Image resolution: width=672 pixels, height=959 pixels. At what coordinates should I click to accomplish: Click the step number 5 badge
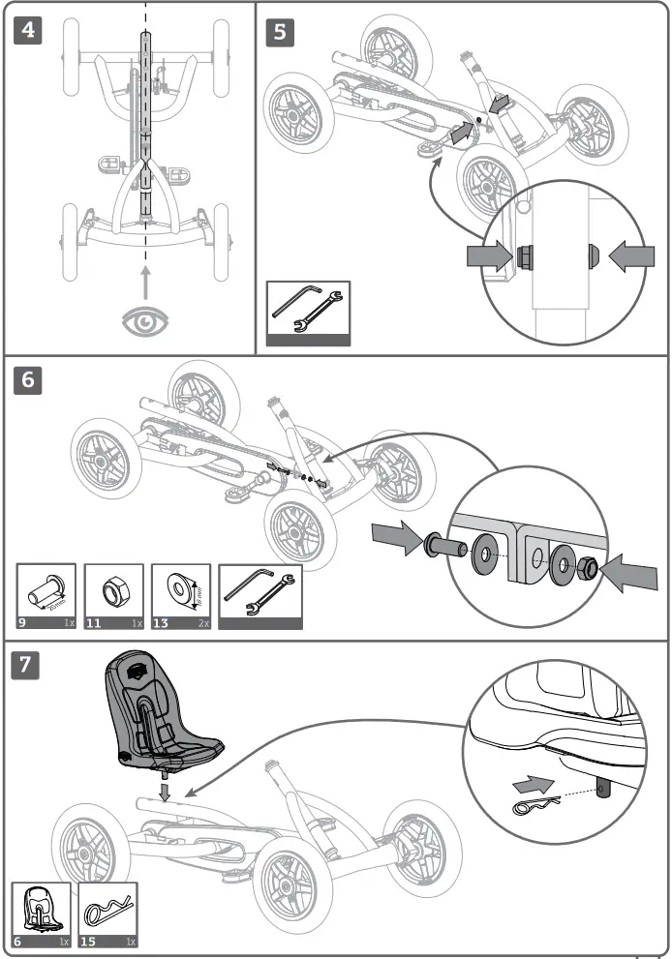280,32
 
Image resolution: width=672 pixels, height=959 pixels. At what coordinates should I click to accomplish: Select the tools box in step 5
308,314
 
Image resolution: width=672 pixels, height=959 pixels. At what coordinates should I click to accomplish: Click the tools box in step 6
260,597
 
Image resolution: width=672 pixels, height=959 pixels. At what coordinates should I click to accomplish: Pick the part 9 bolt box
46,597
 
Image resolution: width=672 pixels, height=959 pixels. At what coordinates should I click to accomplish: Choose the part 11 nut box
112,597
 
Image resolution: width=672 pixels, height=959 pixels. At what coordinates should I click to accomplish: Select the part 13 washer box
180,597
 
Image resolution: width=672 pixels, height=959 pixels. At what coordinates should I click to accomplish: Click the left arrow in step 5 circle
491,255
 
